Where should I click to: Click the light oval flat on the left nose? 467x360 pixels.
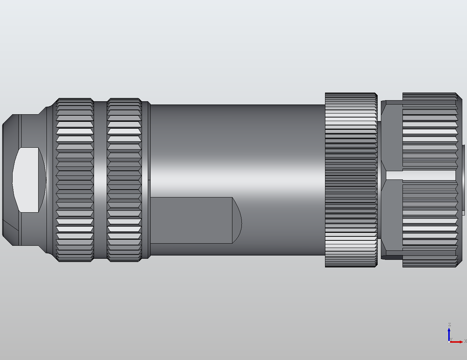pyautogui.click(x=29, y=179)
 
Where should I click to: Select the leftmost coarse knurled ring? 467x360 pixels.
pyautogui.click(x=75, y=179)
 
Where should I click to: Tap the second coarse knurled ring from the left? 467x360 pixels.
pyautogui.click(x=124, y=179)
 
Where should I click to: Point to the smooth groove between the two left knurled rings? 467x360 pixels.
pyautogui.click(x=100, y=179)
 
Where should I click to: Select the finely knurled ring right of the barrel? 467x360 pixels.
pyautogui.click(x=351, y=179)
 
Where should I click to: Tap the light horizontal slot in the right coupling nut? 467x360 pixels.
pyautogui.click(x=420, y=175)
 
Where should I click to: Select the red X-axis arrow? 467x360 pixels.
pyautogui.click(x=457, y=342)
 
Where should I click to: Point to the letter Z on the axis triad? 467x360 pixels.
pyautogui.click(x=449, y=325)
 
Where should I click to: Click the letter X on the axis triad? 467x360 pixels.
pyautogui.click(x=465, y=341)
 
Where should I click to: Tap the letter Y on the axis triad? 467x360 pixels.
pyautogui.click(x=451, y=339)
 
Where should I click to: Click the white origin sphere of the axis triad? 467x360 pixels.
pyautogui.click(x=449, y=342)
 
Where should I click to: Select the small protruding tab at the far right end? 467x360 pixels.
pyautogui.click(x=463, y=179)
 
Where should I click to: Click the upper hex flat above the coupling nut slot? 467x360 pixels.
pyautogui.click(x=392, y=137)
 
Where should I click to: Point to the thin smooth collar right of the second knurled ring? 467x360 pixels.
pyautogui.click(x=146, y=179)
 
